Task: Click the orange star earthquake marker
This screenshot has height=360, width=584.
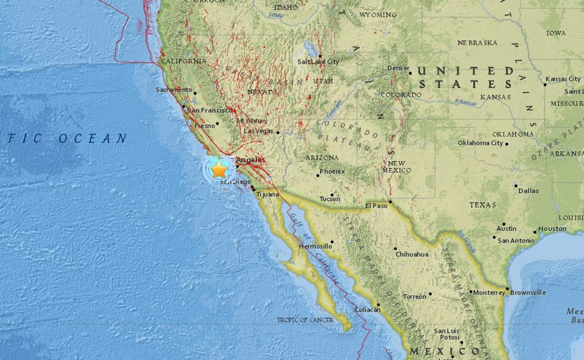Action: pyautogui.click(x=219, y=170)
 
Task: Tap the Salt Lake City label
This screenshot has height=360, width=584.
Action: pyautogui.click(x=318, y=62)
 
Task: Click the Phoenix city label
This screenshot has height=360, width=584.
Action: pyautogui.click(x=332, y=171)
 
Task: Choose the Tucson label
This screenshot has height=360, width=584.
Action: pyautogui.click(x=330, y=199)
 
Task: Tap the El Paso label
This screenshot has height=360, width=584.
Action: pyautogui.click(x=377, y=205)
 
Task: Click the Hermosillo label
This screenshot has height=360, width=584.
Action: pyautogui.click(x=316, y=246)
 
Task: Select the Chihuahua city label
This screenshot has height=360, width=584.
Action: pyautogui.click(x=412, y=254)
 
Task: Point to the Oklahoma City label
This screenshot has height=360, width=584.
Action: pyautogui.click(x=480, y=143)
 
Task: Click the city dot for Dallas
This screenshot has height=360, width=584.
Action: pyautogui.click(x=515, y=185)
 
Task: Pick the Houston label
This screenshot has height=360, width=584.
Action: pyautogui.click(x=552, y=229)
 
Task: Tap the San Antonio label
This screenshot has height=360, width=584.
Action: pyautogui.click(x=516, y=241)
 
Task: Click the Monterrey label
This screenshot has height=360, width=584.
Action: pyautogui.click(x=489, y=292)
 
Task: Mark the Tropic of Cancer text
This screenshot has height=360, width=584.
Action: pyautogui.click(x=305, y=320)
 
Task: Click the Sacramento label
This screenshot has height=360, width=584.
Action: pyautogui.click(x=173, y=90)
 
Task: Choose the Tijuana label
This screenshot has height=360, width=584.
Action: pyautogui.click(x=267, y=194)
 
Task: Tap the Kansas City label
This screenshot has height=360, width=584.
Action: pyautogui.click(x=563, y=79)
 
